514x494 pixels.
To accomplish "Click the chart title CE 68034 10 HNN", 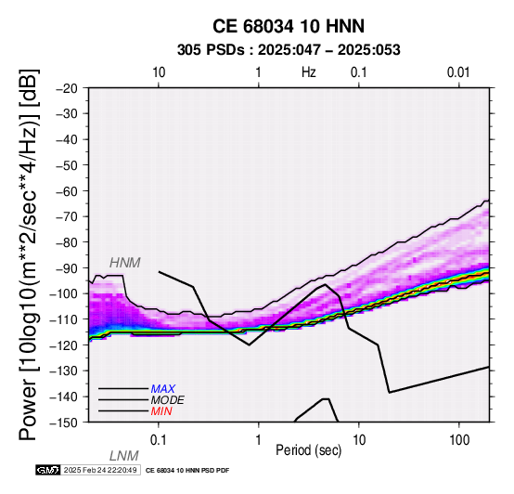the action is pyautogui.click(x=289, y=26).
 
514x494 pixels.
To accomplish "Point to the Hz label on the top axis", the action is pyautogui.click(x=309, y=72).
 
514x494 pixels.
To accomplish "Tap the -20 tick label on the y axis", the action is pyautogui.click(x=67, y=88).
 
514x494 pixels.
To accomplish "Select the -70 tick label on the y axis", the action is pyautogui.click(x=67, y=216).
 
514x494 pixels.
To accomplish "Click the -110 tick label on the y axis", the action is pyautogui.click(x=63, y=318).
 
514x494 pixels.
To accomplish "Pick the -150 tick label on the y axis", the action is pyautogui.click(x=63, y=422).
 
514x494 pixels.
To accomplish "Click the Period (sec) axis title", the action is pyautogui.click(x=309, y=450).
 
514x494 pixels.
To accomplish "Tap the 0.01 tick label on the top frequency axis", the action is pyautogui.click(x=458, y=72).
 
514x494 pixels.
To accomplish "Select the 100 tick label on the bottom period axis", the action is pyautogui.click(x=459, y=440).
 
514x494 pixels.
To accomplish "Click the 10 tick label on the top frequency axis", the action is pyautogui.click(x=159, y=72).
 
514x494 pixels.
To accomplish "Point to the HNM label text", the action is pyautogui.click(x=125, y=263).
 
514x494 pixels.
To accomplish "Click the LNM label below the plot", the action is pyautogui.click(x=124, y=456).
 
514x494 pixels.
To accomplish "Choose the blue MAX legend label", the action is pyautogui.click(x=163, y=389).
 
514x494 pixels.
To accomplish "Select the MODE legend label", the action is pyautogui.click(x=168, y=400).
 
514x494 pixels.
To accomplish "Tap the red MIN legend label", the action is pyautogui.click(x=161, y=411).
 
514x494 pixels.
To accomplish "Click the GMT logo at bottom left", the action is pyautogui.click(x=48, y=470).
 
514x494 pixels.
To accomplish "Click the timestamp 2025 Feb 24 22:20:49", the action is pyautogui.click(x=100, y=470).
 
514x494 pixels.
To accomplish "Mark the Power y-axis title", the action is pyautogui.click(x=29, y=254).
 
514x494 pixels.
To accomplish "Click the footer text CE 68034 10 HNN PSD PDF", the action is pyautogui.click(x=187, y=471).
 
